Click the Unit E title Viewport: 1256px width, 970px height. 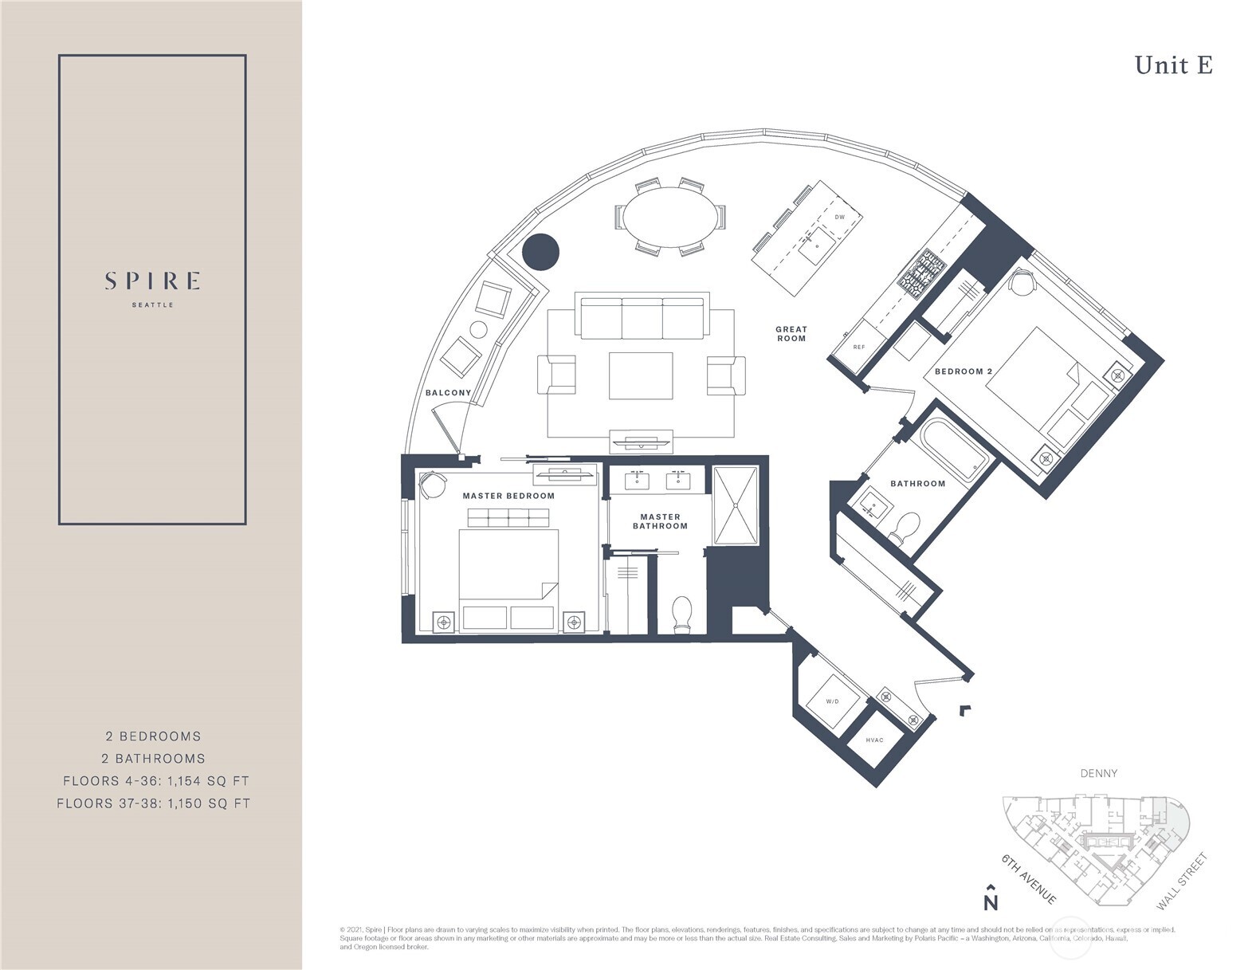point(1173,65)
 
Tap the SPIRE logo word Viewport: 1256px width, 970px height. point(152,281)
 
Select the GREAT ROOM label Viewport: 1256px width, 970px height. point(791,334)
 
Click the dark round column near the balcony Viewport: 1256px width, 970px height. point(540,252)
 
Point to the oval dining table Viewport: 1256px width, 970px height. point(669,216)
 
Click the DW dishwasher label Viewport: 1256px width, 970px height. point(839,217)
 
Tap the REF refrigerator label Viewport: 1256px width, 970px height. point(858,348)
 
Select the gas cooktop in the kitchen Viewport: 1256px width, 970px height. point(922,271)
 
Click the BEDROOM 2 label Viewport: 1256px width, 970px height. point(963,371)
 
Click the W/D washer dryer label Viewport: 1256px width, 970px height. point(832,701)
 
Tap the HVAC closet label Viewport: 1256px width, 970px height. point(874,740)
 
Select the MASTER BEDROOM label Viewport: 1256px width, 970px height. point(508,496)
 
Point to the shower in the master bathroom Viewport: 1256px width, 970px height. point(735,506)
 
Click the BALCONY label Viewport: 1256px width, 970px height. point(448,393)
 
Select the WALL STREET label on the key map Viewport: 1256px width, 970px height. point(1182,882)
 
